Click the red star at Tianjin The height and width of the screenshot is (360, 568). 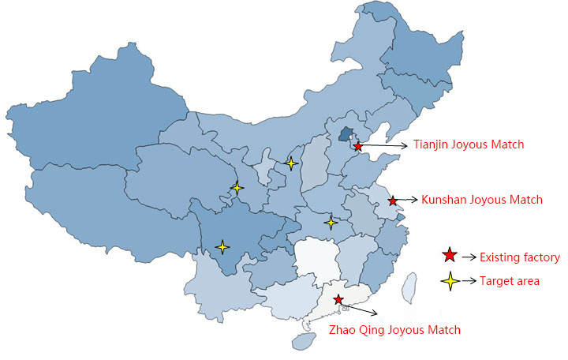click(x=358, y=147)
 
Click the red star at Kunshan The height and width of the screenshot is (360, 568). click(x=393, y=201)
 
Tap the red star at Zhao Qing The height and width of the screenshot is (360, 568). click(x=338, y=299)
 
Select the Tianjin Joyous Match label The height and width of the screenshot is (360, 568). click(x=469, y=144)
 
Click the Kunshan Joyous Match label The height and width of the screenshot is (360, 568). click(x=482, y=200)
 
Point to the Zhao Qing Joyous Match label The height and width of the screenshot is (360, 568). click(x=394, y=330)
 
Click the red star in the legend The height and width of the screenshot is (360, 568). click(x=450, y=256)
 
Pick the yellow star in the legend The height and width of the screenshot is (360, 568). click(x=450, y=281)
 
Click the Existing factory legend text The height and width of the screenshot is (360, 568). click(x=520, y=257)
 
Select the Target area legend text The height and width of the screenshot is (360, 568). click(x=510, y=281)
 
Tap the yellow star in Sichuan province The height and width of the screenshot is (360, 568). click(x=222, y=247)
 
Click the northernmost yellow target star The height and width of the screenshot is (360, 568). click(x=291, y=163)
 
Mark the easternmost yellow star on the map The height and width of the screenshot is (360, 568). click(x=331, y=222)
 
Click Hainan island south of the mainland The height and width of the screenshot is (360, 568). click(x=304, y=341)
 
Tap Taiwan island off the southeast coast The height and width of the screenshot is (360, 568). click(x=409, y=288)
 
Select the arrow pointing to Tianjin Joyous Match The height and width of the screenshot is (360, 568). click(x=384, y=145)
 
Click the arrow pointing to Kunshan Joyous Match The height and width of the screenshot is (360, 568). click(x=406, y=200)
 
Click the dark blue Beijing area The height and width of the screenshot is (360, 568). click(x=346, y=133)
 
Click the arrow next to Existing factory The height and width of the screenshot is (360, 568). click(x=469, y=257)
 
